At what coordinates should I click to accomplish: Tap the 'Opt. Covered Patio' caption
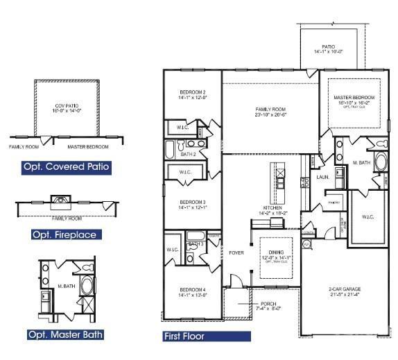pyautogui.click(x=66, y=167)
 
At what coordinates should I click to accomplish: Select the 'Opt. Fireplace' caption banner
pyautogui.click(x=64, y=234)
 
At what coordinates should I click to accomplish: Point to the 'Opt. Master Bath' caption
pyautogui.click(x=66, y=335)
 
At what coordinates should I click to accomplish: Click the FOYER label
pyautogui.click(x=236, y=253)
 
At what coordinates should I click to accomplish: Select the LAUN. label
pyautogui.click(x=322, y=177)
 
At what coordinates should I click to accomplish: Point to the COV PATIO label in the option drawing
pyautogui.click(x=69, y=108)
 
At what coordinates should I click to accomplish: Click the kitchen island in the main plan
pyautogui.click(x=279, y=177)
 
